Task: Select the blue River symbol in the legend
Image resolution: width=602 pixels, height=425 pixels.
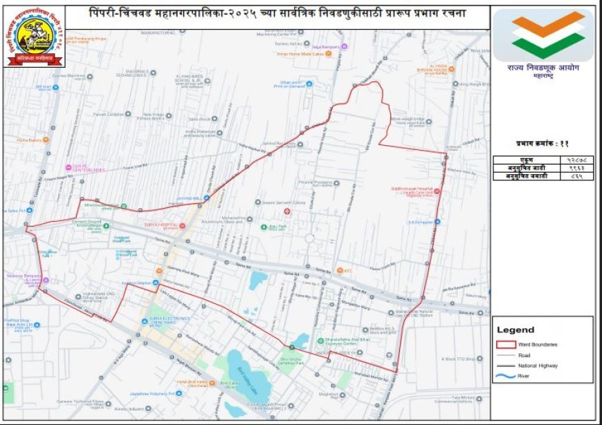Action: click(x=507, y=376)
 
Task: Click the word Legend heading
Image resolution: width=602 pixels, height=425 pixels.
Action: click(x=516, y=330)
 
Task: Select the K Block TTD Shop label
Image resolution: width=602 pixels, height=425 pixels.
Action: click(x=462, y=359)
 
